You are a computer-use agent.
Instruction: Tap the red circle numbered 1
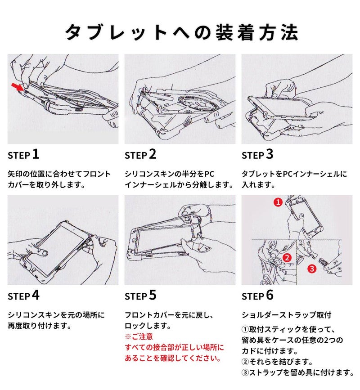(x=278, y=202)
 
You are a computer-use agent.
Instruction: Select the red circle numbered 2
(x=287, y=257)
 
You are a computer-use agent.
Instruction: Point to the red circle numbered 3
(x=312, y=269)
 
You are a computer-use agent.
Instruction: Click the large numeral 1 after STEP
(x=36, y=154)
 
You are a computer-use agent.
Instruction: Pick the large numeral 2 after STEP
(x=153, y=154)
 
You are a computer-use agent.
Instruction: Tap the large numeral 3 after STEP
(x=270, y=154)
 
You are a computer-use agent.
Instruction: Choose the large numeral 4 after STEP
(x=36, y=295)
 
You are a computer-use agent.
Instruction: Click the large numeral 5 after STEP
(x=153, y=295)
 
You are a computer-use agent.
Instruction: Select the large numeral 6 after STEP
(x=270, y=295)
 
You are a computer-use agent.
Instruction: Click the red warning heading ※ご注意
(x=139, y=336)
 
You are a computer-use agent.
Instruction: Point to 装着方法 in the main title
(x=256, y=32)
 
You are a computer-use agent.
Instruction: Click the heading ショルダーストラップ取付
(x=286, y=315)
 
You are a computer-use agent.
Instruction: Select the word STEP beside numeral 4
(x=19, y=296)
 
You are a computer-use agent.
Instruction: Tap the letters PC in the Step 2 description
(x=209, y=174)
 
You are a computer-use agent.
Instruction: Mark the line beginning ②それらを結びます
(x=277, y=361)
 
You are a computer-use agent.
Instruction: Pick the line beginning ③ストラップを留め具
(x=297, y=372)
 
